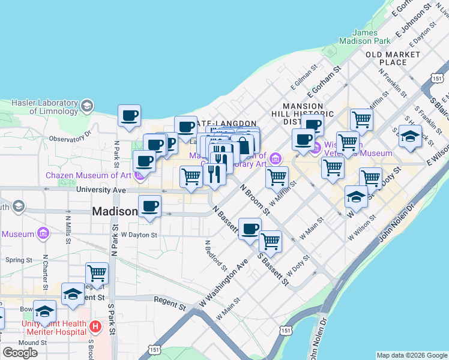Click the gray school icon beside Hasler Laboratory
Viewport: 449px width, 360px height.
[x=86, y=106]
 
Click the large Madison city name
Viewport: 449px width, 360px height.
[x=115, y=212]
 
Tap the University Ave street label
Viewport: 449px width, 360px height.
[x=101, y=190]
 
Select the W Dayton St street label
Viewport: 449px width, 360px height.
[x=139, y=235]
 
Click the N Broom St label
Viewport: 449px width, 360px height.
[x=255, y=199]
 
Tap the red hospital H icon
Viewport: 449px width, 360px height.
[x=95, y=327]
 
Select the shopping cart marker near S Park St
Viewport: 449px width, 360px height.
[x=97, y=274]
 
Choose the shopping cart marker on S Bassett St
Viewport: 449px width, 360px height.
[x=271, y=241]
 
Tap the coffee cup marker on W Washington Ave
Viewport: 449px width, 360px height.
[x=250, y=229]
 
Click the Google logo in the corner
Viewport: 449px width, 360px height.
[x=20, y=353]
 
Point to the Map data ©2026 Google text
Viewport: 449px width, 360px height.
[x=412, y=355]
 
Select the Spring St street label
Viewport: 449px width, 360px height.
[x=19, y=260]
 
